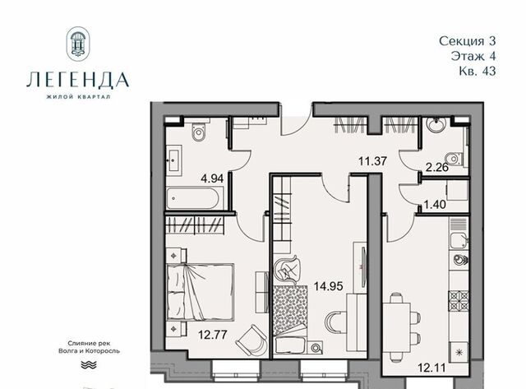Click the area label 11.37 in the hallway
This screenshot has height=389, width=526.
[x=372, y=161]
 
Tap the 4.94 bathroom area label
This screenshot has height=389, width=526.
[x=212, y=178]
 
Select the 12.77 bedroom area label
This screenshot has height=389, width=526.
[x=213, y=335]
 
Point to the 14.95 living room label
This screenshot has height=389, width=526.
[x=329, y=286]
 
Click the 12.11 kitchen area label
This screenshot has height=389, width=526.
[x=431, y=368]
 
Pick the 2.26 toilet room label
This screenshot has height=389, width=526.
[x=437, y=167]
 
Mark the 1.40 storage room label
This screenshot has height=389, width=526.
[x=435, y=204]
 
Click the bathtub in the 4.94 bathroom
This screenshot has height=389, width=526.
[x=195, y=198]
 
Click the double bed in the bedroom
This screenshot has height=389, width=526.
[x=201, y=292]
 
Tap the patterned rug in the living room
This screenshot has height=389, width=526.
[x=290, y=311]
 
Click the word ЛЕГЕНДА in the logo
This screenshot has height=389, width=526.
[x=78, y=80]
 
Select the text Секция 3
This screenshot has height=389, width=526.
[x=468, y=41]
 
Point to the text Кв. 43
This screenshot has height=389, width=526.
[x=478, y=71]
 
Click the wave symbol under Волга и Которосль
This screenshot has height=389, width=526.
[x=89, y=365]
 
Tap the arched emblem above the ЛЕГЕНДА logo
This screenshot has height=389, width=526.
[x=78, y=44]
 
